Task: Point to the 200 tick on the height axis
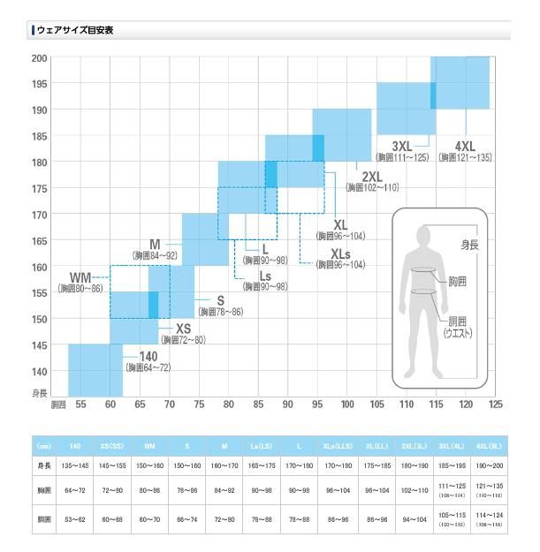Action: click(x=40, y=58)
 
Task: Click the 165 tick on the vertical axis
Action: click(x=40, y=240)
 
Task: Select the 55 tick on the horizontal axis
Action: click(x=80, y=405)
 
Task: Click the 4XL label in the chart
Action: click(x=465, y=145)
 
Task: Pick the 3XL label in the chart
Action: click(x=402, y=145)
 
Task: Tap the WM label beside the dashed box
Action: click(x=82, y=277)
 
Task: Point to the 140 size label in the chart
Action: click(x=148, y=356)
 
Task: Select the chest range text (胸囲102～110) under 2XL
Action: click(x=372, y=188)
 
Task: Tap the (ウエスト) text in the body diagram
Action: click(x=457, y=333)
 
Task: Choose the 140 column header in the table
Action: click(x=74, y=446)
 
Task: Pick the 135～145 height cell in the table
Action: click(x=74, y=465)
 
